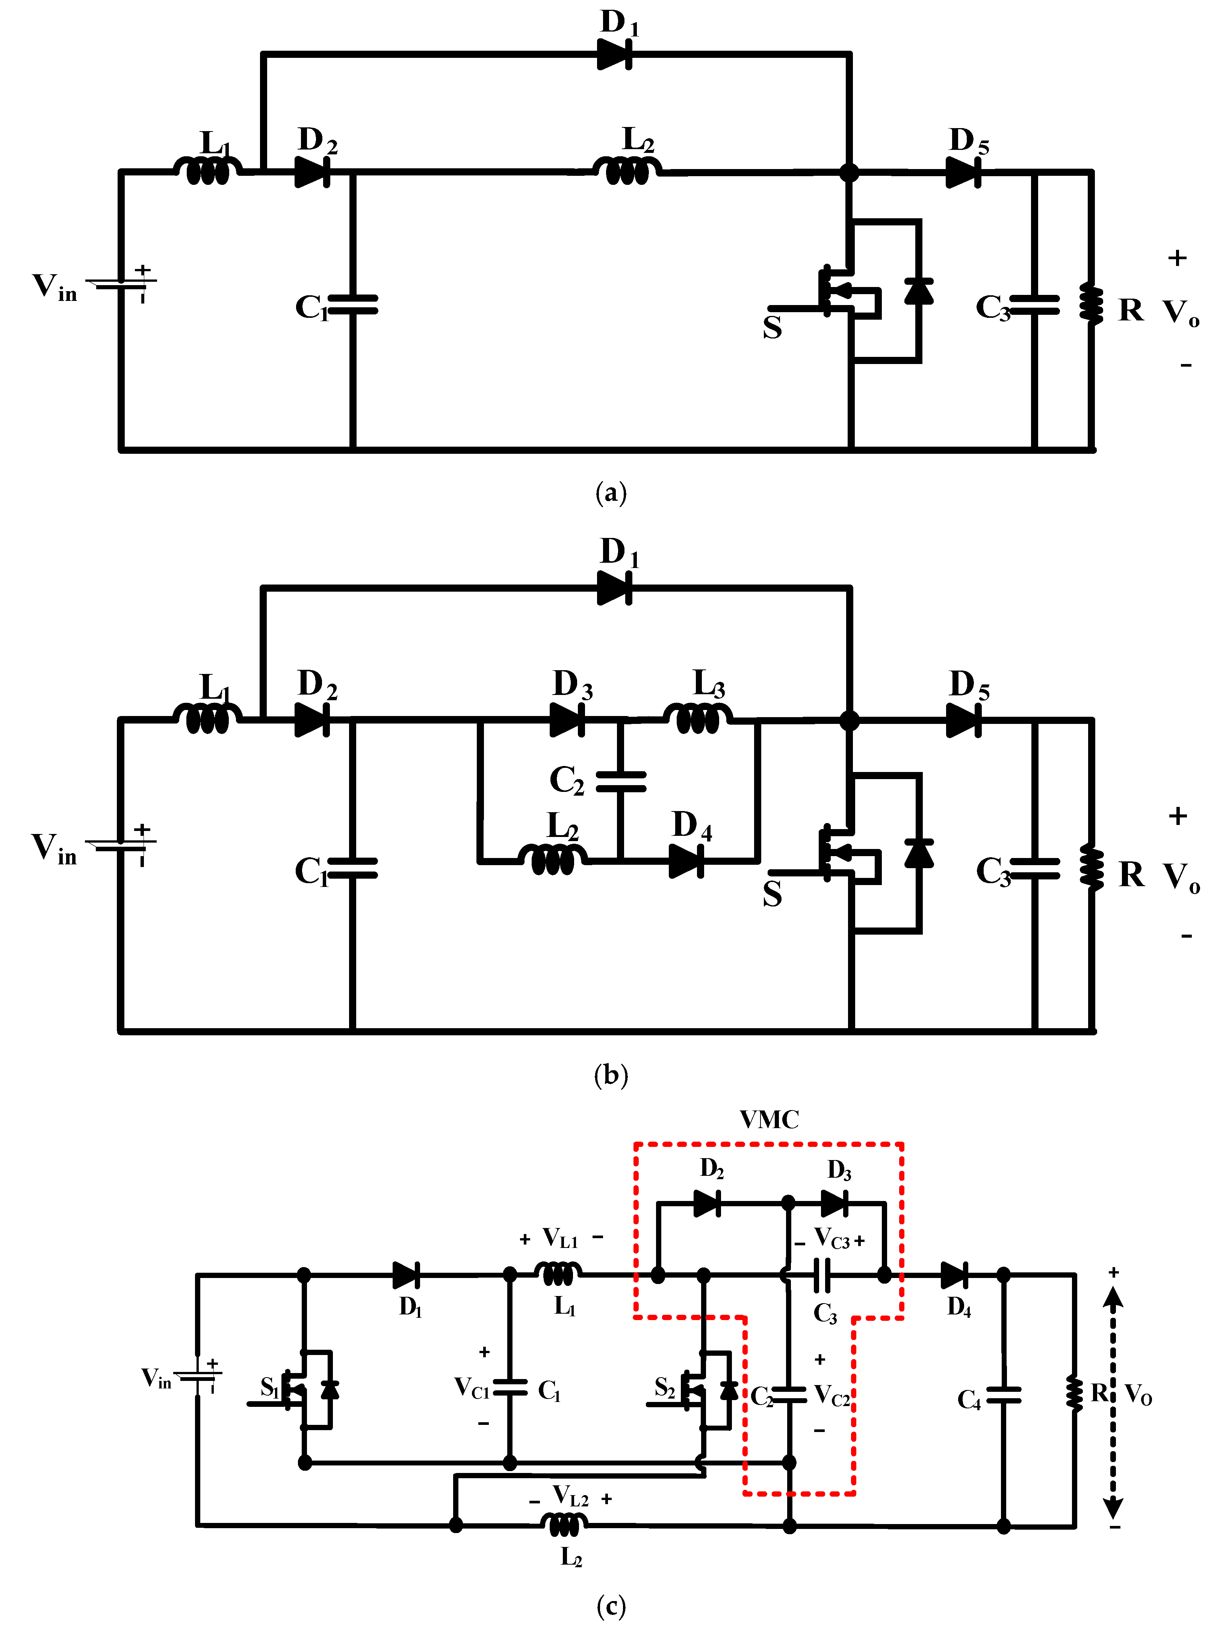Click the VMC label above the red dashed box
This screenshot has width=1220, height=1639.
click(769, 1119)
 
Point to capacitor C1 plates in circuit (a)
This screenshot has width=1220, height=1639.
click(353, 304)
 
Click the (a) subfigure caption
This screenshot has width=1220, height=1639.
click(611, 492)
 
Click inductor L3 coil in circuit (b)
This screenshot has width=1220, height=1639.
click(698, 718)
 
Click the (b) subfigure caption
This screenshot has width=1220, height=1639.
click(611, 1074)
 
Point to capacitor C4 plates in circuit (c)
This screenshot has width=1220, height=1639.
click(1003, 1394)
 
